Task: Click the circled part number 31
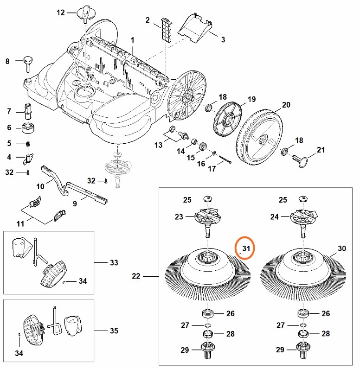pyautogui.click(x=246, y=249)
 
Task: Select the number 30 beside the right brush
pyautogui.click(x=342, y=249)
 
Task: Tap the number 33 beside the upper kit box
pyautogui.click(x=114, y=262)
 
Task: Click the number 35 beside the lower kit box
pyautogui.click(x=114, y=331)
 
